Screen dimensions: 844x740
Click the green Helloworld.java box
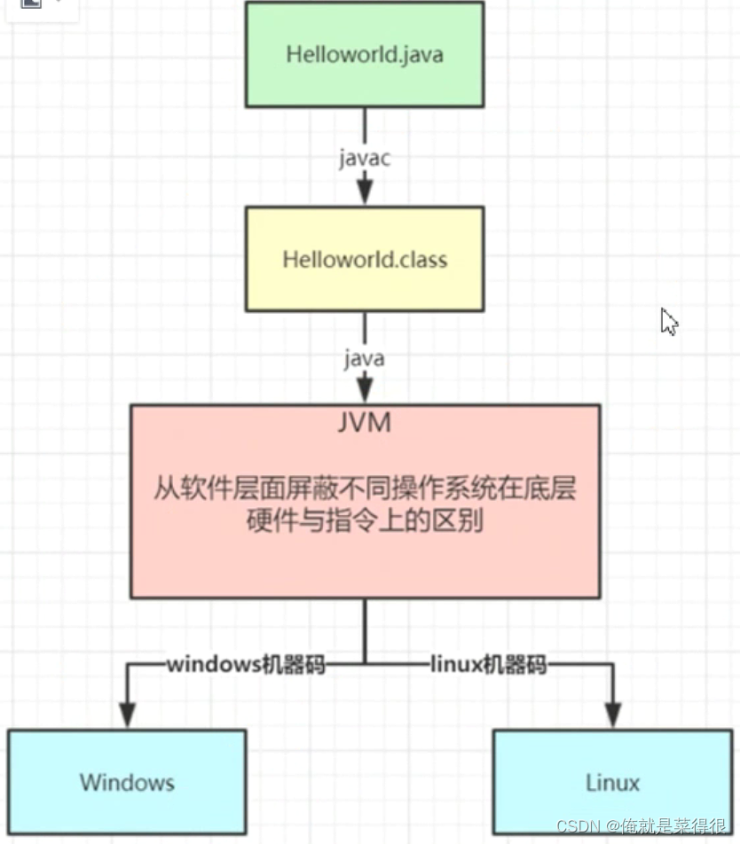(x=365, y=55)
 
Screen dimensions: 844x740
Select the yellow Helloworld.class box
(x=365, y=259)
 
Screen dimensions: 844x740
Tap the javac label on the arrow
(x=365, y=158)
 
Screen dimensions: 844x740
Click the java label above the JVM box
(x=365, y=359)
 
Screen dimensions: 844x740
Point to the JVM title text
(x=365, y=423)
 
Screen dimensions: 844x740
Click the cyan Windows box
(x=127, y=782)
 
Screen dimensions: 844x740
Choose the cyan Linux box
(x=612, y=782)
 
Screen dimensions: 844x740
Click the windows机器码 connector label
(x=247, y=665)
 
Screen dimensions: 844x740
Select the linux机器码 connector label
(x=488, y=665)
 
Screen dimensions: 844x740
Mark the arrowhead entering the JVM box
(x=365, y=391)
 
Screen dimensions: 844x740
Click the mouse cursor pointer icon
(x=668, y=321)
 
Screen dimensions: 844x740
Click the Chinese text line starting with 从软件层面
(x=365, y=488)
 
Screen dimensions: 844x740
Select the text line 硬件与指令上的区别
(x=365, y=521)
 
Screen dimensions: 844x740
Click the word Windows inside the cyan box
(x=127, y=782)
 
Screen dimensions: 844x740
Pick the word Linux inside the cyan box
(x=612, y=782)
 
